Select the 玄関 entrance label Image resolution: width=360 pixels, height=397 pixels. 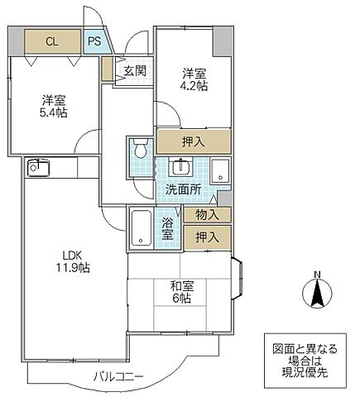click(x=136, y=70)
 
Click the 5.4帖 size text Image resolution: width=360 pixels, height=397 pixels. click(x=55, y=114)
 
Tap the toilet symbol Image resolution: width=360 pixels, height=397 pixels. click(x=140, y=153)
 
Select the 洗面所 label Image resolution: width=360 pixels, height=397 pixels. click(x=182, y=189)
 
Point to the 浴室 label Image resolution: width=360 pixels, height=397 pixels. click(x=167, y=228)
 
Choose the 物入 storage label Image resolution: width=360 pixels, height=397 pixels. click(x=207, y=215)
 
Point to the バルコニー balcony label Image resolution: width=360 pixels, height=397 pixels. click(x=118, y=378)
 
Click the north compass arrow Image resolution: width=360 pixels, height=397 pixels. click(x=318, y=293)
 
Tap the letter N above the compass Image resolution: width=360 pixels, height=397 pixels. click(x=318, y=275)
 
